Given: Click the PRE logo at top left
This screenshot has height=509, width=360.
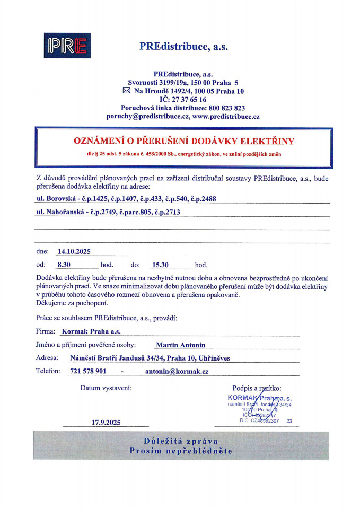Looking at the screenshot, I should click(x=67, y=46).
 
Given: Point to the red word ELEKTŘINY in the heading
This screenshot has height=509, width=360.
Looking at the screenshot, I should click(x=268, y=142).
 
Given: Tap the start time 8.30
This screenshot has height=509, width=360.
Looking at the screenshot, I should click(x=64, y=265).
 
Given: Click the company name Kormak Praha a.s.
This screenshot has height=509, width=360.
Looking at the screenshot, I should click(x=91, y=331).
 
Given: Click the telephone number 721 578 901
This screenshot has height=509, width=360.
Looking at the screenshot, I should click(x=88, y=371).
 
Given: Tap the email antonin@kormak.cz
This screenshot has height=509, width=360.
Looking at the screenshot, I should click(x=177, y=371).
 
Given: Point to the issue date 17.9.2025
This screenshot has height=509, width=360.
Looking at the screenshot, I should click(x=106, y=423).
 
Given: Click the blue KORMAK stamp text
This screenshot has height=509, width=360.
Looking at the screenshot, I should click(x=242, y=398).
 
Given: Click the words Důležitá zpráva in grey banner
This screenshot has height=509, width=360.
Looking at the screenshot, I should click(x=181, y=441).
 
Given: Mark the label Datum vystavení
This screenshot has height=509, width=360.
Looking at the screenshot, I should click(x=106, y=388).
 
